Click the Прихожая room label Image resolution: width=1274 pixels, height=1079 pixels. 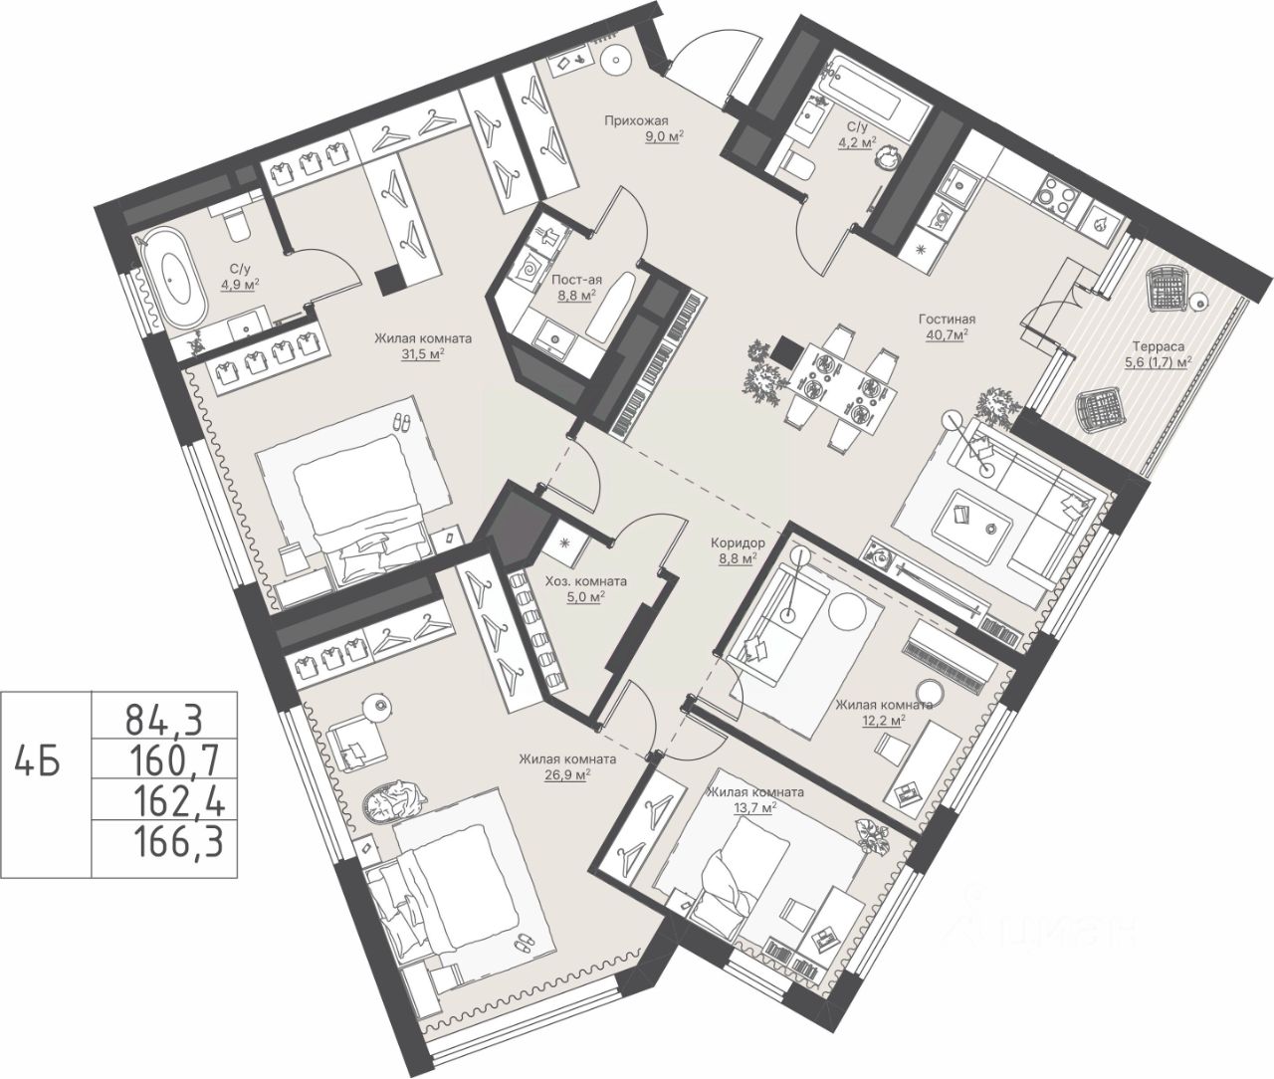click(x=636, y=120)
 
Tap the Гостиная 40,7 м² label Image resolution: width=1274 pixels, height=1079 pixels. click(x=947, y=327)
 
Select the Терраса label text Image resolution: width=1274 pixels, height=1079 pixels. click(x=1147, y=346)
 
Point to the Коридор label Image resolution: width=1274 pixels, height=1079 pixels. click(x=738, y=543)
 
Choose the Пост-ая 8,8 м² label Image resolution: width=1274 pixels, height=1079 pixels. click(x=577, y=288)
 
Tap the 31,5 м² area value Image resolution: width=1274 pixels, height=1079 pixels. click(x=423, y=353)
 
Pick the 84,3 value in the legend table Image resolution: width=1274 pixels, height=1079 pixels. click(x=163, y=720)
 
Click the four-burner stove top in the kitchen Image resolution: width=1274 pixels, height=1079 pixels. click(x=1056, y=195)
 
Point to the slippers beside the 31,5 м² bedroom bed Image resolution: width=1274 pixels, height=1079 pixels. click(x=402, y=422)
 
